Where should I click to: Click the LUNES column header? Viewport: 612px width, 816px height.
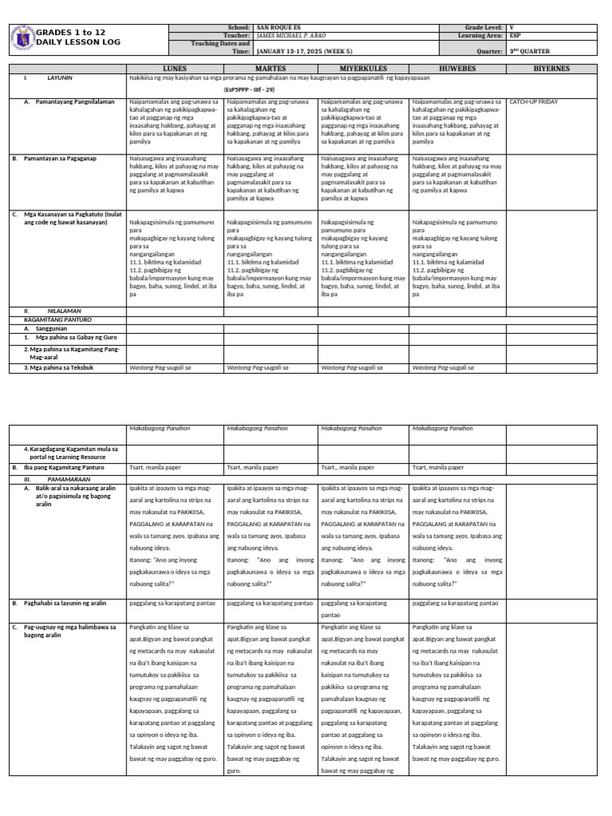(x=175, y=69)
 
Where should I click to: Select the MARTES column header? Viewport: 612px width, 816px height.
(x=269, y=69)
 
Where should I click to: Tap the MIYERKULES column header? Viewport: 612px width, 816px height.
(x=363, y=69)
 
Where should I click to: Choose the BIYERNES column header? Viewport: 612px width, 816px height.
(x=553, y=69)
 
